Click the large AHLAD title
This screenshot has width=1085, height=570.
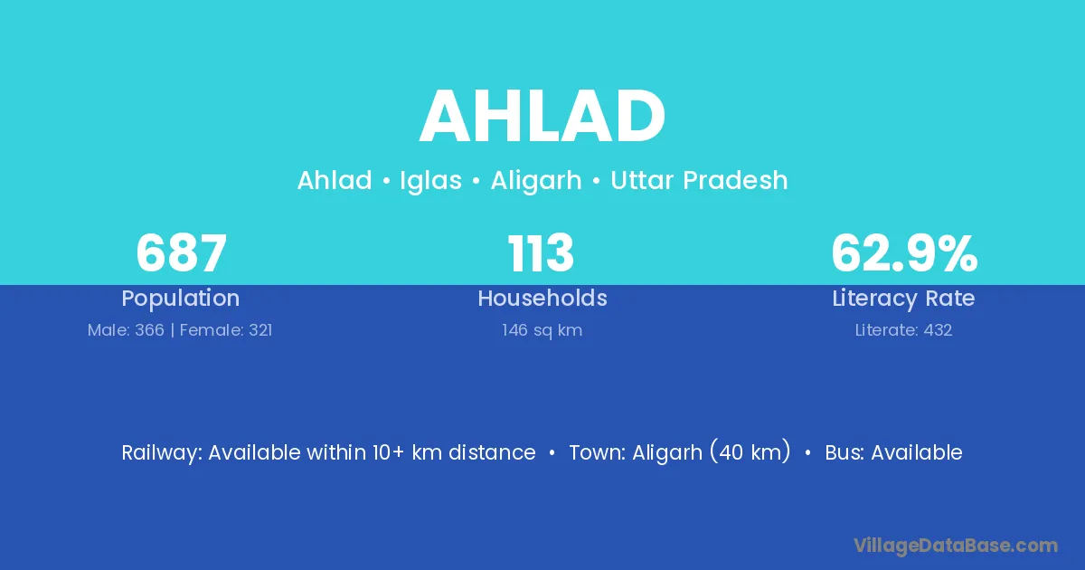click(x=542, y=117)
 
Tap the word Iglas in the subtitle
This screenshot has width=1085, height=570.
click(x=430, y=181)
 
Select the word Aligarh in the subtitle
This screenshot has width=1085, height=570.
click(x=535, y=181)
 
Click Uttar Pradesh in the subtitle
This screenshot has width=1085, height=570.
click(x=699, y=180)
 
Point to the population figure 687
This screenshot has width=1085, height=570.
click(x=181, y=253)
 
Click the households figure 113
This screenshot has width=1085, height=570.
click(x=541, y=253)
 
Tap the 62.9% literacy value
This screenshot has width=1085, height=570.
click(x=904, y=253)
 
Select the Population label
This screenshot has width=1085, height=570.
click(x=181, y=299)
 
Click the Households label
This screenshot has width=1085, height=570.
click(x=542, y=298)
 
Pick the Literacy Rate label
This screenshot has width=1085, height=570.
click(x=903, y=299)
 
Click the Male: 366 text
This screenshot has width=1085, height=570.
click(x=126, y=330)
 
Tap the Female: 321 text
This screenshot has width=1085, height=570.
click(x=226, y=330)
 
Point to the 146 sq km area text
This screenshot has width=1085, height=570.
click(x=542, y=330)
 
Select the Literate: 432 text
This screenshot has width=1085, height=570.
click(x=903, y=330)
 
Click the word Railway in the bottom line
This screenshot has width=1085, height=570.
click(x=161, y=453)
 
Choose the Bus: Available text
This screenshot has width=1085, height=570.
click(x=893, y=452)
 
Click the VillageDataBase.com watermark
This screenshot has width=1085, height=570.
click(x=956, y=546)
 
